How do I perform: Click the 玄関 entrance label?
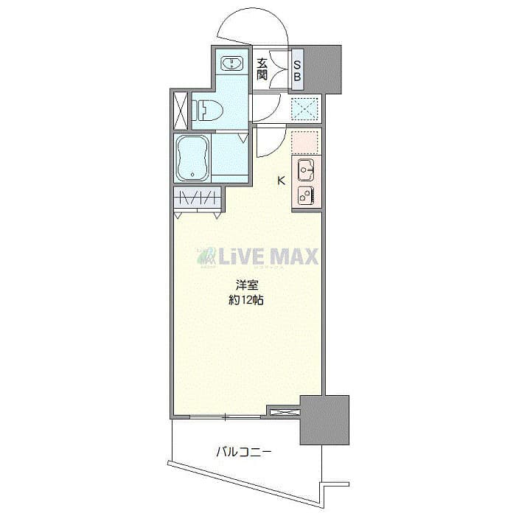click(x=262, y=69)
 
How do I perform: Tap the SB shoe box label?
click(x=297, y=69)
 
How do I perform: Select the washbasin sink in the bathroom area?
click(x=232, y=63)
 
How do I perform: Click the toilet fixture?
click(x=207, y=111)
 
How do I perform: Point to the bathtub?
click(x=194, y=158)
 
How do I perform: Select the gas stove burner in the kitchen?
click(x=306, y=195)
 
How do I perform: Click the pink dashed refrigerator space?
click(x=304, y=142)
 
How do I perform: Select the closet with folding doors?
click(x=198, y=198)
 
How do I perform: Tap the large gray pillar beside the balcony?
click(x=324, y=419)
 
